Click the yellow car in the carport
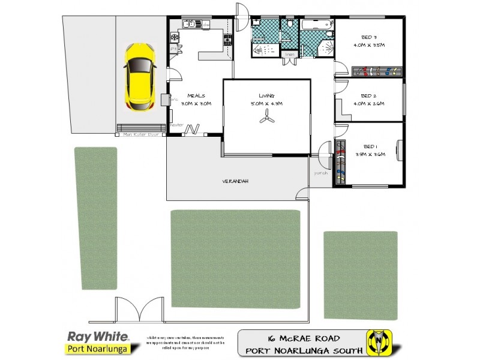point(139,77)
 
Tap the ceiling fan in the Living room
point(266,119)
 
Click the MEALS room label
point(197,95)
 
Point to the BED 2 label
point(368,96)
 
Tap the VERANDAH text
point(235,181)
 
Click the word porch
point(319,173)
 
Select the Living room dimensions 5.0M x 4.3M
point(266,103)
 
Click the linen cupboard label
point(290,55)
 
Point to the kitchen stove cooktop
point(228,41)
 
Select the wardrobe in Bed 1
point(341,162)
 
